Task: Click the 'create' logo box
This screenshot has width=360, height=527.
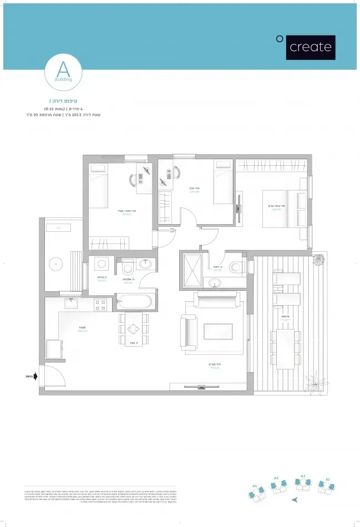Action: click(x=311, y=47)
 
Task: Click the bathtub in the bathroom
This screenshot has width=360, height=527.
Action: click(x=134, y=303)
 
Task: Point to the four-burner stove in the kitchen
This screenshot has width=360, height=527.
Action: click(x=100, y=304)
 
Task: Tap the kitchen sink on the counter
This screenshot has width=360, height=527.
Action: click(x=71, y=303)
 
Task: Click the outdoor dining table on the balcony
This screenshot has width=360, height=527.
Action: click(x=285, y=348)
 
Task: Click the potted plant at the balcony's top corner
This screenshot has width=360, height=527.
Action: click(x=319, y=259)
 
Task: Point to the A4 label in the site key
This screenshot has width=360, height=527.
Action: click(x=255, y=485)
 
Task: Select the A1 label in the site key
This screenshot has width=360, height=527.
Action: click(x=328, y=478)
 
